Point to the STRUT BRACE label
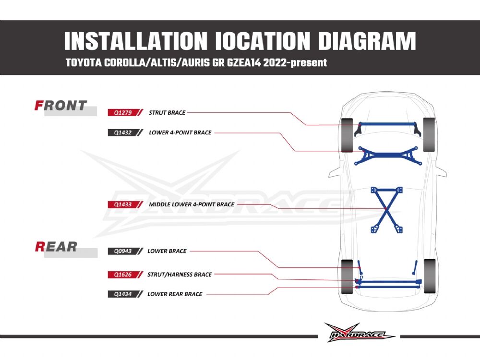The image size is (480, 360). click(167, 113)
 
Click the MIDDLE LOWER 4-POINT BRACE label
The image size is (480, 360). click(192, 204)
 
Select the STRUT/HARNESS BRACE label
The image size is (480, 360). click(180, 275)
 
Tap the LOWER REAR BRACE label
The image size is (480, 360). click(175, 294)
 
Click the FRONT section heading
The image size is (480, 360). click(60, 106)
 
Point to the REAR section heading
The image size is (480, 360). click(56, 247)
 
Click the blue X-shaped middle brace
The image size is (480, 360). click(386, 210)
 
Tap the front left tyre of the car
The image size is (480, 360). click(347, 135)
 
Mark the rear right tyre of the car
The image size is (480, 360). click(430, 276)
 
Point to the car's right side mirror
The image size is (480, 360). click(442, 172)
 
